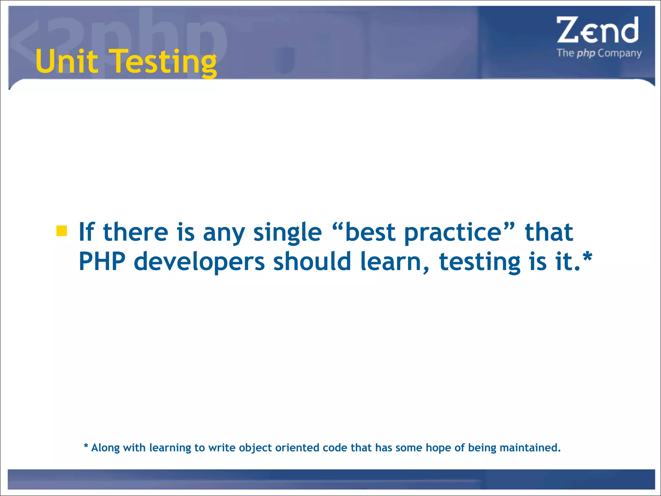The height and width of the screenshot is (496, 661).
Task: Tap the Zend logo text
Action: click(597, 30)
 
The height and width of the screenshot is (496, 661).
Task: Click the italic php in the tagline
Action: click(586, 53)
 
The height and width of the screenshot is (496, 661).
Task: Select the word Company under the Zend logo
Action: click(619, 53)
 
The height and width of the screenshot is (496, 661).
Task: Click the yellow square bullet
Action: click(61, 231)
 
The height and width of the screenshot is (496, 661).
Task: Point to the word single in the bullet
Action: click(288, 232)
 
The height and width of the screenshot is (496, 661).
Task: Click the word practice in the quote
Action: click(453, 232)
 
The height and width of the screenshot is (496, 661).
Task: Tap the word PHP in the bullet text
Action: click(102, 262)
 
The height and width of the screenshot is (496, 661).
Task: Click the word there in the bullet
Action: click(136, 232)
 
